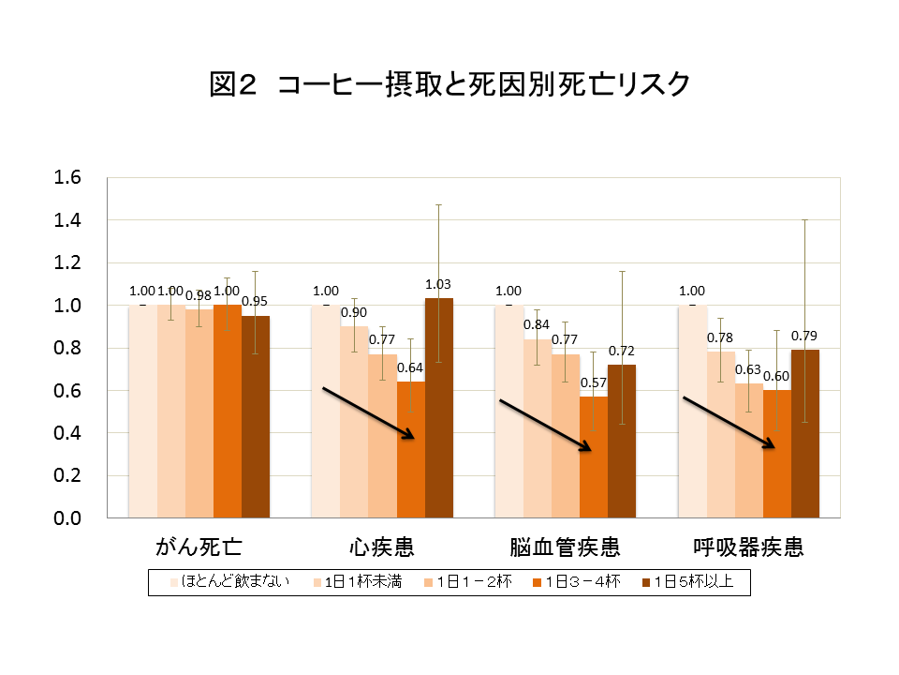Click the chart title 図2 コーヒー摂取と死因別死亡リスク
[x=449, y=85]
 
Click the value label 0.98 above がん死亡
[x=199, y=296]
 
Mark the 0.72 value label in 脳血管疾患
[x=622, y=351]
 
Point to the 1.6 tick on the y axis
[x=70, y=177]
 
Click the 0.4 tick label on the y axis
[x=70, y=433]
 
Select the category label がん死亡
[x=199, y=547]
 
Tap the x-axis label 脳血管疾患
[x=565, y=547]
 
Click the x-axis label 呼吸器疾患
[x=748, y=547]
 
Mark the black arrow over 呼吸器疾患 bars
[x=730, y=423]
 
